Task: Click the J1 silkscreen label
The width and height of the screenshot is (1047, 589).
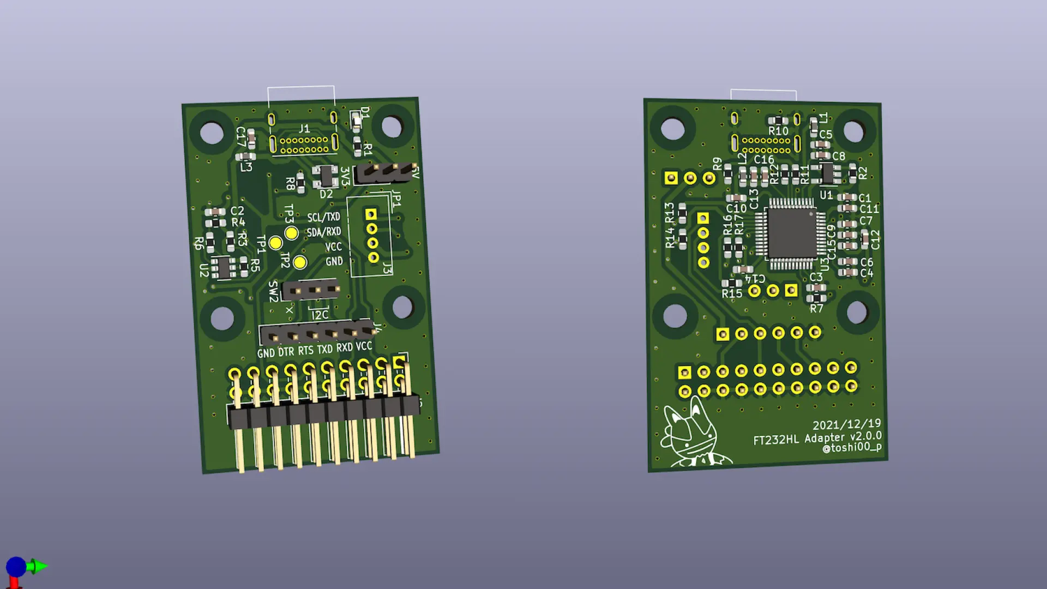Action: [304, 129]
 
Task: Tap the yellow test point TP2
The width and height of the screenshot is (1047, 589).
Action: [300, 262]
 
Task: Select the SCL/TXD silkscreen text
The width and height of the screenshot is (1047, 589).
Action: [323, 217]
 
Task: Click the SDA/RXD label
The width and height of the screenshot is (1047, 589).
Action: [323, 232]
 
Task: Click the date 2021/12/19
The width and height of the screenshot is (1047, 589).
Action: [846, 425]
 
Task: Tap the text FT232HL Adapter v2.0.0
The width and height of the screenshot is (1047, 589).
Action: [817, 438]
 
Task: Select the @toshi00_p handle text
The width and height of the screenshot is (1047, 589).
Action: [851, 448]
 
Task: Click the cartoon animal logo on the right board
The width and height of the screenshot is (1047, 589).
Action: [690, 436]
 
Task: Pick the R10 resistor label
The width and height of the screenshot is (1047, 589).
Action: [778, 131]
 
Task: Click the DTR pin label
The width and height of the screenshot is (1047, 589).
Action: [286, 352]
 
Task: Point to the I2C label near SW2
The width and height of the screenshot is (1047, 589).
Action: [320, 315]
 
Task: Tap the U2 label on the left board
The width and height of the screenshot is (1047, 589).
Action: [204, 270]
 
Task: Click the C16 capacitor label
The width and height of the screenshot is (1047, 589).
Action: [764, 159]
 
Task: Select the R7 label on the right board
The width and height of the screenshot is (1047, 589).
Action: [816, 309]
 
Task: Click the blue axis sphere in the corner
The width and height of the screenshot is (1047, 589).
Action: [16, 567]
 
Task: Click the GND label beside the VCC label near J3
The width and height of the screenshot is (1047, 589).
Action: [334, 261]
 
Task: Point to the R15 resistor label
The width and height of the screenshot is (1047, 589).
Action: [732, 293]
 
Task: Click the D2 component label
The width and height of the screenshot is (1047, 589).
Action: [326, 194]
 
